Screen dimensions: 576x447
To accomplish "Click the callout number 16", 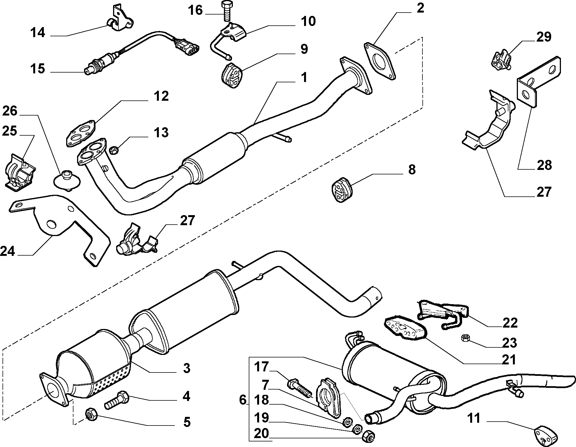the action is [195, 11].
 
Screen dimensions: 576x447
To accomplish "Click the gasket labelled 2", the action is [380, 61].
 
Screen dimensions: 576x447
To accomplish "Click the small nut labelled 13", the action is [114, 150].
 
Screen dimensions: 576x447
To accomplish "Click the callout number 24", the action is [8, 251].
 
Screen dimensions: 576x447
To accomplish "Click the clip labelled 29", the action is [501, 59].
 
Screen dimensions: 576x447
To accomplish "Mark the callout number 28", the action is [544, 165].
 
